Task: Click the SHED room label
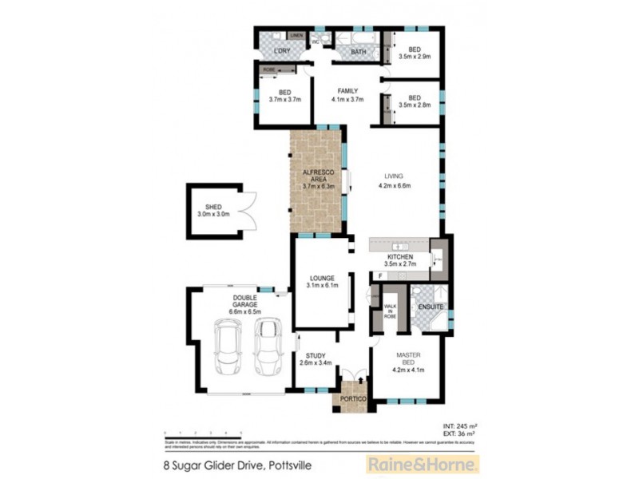pos(213,206)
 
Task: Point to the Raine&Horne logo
pos(421,464)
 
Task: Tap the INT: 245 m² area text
pos(462,425)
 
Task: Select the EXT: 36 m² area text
pos(462,433)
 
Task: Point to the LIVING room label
pos(393,176)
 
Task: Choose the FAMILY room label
pos(347,90)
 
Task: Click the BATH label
pos(359,52)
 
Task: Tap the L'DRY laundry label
pos(281,52)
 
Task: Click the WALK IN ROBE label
pos(390,311)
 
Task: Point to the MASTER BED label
pos(407,358)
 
